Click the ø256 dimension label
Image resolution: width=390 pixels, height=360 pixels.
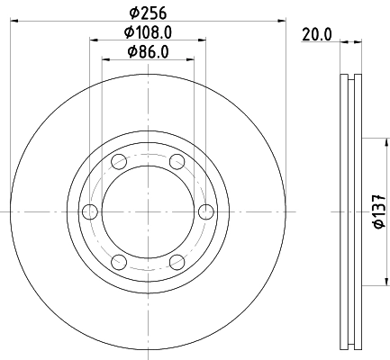pyautogui.click(x=149, y=12)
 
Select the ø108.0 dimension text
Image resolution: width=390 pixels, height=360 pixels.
pyautogui.click(x=149, y=32)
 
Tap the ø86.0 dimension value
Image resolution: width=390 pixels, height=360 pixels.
pyautogui.click(x=149, y=52)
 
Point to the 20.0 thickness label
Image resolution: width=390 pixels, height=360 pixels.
pyautogui.click(x=318, y=34)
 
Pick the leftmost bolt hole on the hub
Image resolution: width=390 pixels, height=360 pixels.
pyautogui.click(x=89, y=211)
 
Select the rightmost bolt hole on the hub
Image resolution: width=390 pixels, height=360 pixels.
pyautogui.click(x=206, y=211)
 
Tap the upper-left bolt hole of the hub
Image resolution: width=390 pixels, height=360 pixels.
pyautogui.click(x=119, y=161)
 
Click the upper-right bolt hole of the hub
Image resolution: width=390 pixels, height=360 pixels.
pyautogui.click(x=177, y=161)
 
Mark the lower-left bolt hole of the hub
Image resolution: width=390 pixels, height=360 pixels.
pyautogui.click(x=119, y=262)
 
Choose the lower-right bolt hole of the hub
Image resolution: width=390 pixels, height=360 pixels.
pyautogui.click(x=177, y=262)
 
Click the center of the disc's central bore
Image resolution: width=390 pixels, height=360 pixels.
pyautogui.click(x=148, y=211)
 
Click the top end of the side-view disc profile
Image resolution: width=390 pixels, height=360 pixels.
pyautogui.click(x=350, y=74)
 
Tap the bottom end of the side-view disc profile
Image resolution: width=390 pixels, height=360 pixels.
pyautogui.click(x=350, y=348)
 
